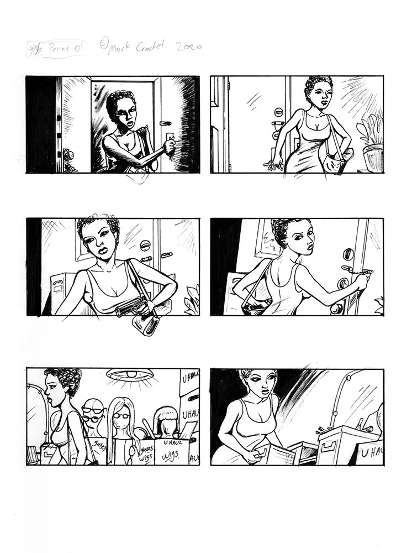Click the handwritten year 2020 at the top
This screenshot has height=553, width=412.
coord(188,48)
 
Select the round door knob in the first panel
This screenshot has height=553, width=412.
coord(67,155)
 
